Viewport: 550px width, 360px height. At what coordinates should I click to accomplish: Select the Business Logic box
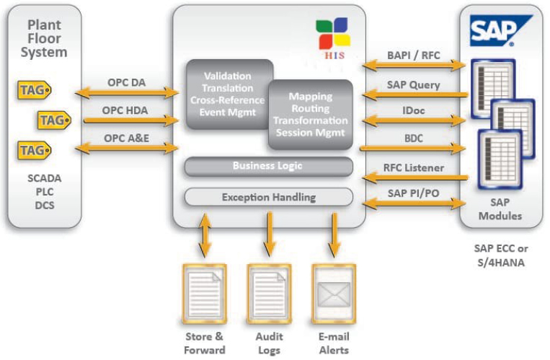[268, 167]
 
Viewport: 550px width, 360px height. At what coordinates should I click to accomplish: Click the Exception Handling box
[268, 196]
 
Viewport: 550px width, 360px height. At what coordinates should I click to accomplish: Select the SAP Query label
[412, 84]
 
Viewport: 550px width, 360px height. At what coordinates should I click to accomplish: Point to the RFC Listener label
[412, 168]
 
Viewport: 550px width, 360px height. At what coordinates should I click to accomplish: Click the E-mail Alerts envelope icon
[333, 294]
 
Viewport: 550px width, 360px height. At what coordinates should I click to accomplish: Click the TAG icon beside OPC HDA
[53, 120]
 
